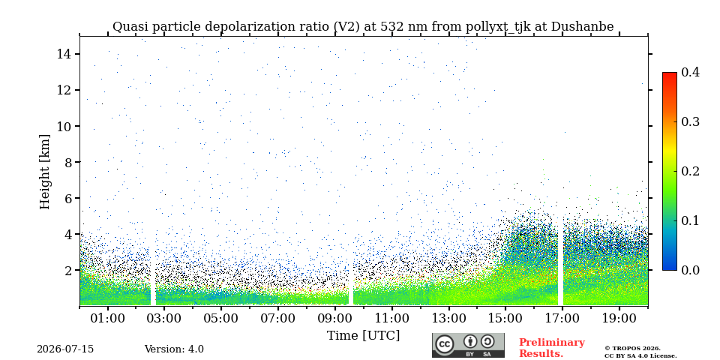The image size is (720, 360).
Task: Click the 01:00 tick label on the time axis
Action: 108,319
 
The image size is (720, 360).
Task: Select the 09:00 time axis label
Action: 334,319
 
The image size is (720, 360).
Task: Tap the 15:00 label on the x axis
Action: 505,319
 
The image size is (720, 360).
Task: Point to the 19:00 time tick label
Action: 619,319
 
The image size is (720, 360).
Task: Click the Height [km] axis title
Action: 44,172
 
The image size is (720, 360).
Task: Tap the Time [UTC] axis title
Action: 363,336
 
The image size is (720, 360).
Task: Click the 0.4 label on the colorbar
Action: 690,72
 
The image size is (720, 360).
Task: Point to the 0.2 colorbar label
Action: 690,171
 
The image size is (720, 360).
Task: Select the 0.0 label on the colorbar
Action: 690,270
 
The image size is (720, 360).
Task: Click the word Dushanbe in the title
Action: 582,27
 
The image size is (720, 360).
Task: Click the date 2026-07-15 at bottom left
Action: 65,349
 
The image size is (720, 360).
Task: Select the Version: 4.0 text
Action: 174,349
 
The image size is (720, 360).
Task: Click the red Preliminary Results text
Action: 552,348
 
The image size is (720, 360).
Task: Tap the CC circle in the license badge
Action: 444,344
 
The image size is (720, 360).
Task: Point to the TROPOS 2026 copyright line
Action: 632,349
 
